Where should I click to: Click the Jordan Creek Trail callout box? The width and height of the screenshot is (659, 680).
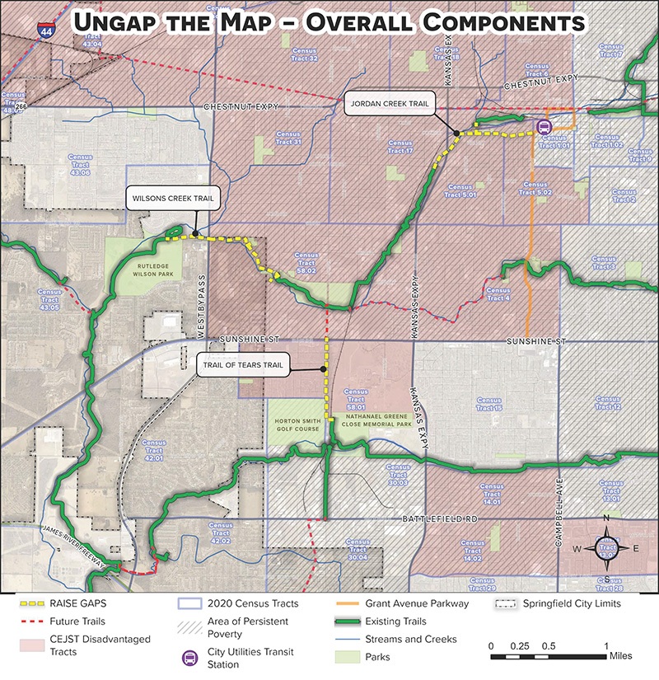[386, 105]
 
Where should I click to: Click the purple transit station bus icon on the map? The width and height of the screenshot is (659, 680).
[543, 126]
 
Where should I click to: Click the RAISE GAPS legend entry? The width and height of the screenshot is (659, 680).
[54, 604]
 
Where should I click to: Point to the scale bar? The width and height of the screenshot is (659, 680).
[549, 657]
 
